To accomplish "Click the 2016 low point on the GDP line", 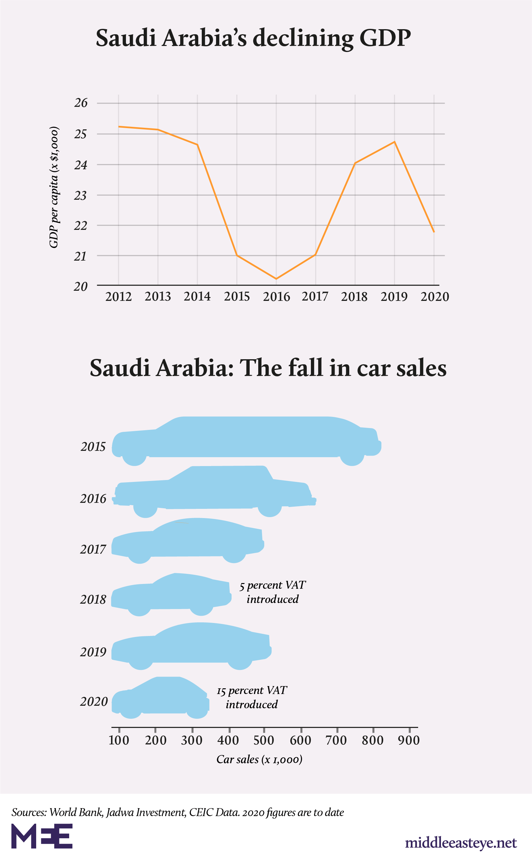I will (276, 278).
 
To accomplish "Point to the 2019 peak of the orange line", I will (394, 142).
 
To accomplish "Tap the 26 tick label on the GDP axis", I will (81, 103).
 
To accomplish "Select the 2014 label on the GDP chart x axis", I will (197, 296).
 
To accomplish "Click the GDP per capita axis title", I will (54, 187).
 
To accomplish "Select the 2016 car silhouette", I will (215, 490).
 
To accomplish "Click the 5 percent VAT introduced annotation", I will (273, 592).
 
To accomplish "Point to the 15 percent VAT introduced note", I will (252, 697).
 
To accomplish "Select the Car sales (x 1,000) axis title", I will (259, 759).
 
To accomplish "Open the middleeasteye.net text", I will (461, 843).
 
